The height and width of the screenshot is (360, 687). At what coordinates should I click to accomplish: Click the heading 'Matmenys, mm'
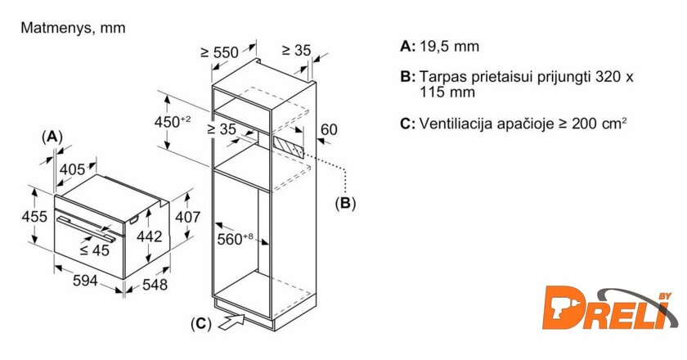click(x=73, y=28)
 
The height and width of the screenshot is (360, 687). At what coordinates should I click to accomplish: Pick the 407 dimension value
click(x=188, y=218)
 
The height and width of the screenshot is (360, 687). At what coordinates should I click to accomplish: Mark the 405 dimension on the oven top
click(x=73, y=169)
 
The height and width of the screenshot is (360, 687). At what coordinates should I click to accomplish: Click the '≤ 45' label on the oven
click(x=95, y=250)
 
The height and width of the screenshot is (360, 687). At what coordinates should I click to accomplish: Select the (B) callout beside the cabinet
click(x=346, y=201)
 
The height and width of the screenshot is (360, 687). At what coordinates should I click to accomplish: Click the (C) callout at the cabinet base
click(x=200, y=324)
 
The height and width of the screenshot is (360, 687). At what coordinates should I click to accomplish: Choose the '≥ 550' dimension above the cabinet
click(x=219, y=52)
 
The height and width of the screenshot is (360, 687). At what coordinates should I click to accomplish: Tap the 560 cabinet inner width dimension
click(x=235, y=239)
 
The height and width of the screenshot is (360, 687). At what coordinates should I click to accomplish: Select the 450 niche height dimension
click(x=173, y=121)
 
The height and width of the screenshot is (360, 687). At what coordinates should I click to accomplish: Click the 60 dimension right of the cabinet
click(x=329, y=129)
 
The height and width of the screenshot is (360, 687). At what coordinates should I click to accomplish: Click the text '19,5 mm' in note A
click(x=449, y=47)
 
